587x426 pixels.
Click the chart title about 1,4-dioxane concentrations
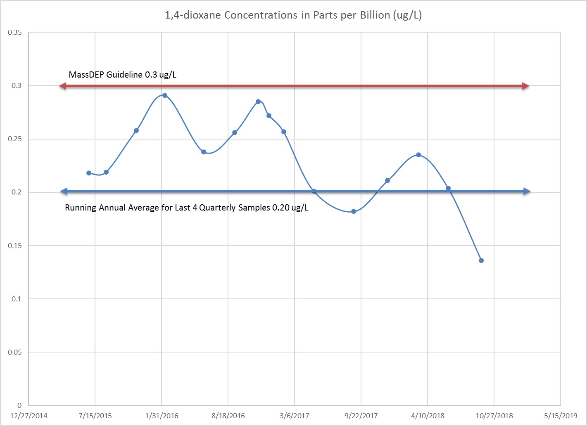(293, 15)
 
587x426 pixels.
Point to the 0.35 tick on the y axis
(15, 32)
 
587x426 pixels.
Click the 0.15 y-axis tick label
(15, 246)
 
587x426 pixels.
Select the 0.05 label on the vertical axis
(15, 352)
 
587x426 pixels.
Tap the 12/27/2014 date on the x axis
(29, 416)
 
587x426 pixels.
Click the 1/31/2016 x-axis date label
(162, 416)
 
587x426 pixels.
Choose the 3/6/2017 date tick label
(295, 416)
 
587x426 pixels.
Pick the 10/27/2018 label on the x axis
(494, 416)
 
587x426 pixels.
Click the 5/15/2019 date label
(561, 416)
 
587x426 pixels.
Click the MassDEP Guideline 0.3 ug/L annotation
(122, 75)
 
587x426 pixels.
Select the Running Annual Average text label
(187, 208)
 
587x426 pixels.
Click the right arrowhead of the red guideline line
(526, 86)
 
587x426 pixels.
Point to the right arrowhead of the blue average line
(527, 192)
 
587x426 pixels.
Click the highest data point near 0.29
(165, 95)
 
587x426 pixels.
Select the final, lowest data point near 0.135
(481, 260)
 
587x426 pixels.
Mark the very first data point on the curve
(89, 173)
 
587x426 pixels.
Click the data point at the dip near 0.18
(354, 211)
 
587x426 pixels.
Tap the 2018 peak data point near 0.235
(418, 155)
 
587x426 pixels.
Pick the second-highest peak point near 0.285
(258, 102)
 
